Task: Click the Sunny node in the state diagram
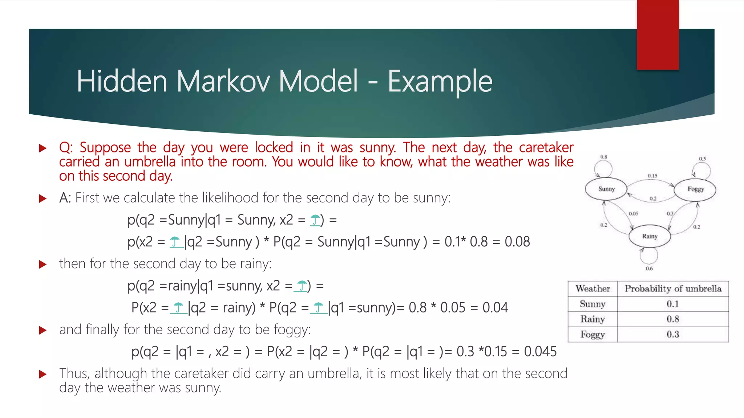606,189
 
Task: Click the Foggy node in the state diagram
695,189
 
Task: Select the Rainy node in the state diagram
650,236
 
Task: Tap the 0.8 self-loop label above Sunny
603,157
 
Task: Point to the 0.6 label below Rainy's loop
649,269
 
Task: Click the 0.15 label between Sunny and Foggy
652,176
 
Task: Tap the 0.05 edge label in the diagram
633,214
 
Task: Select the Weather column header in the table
593,289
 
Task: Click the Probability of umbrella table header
673,289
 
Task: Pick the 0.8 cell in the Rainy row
673,319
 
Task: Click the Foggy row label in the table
593,334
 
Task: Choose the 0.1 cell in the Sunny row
673,304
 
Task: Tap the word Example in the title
440,82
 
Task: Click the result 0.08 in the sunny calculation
517,242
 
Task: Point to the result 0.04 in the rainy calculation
495,308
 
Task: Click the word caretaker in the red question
546,148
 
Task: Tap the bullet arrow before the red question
43,148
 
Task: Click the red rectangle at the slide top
658,34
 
